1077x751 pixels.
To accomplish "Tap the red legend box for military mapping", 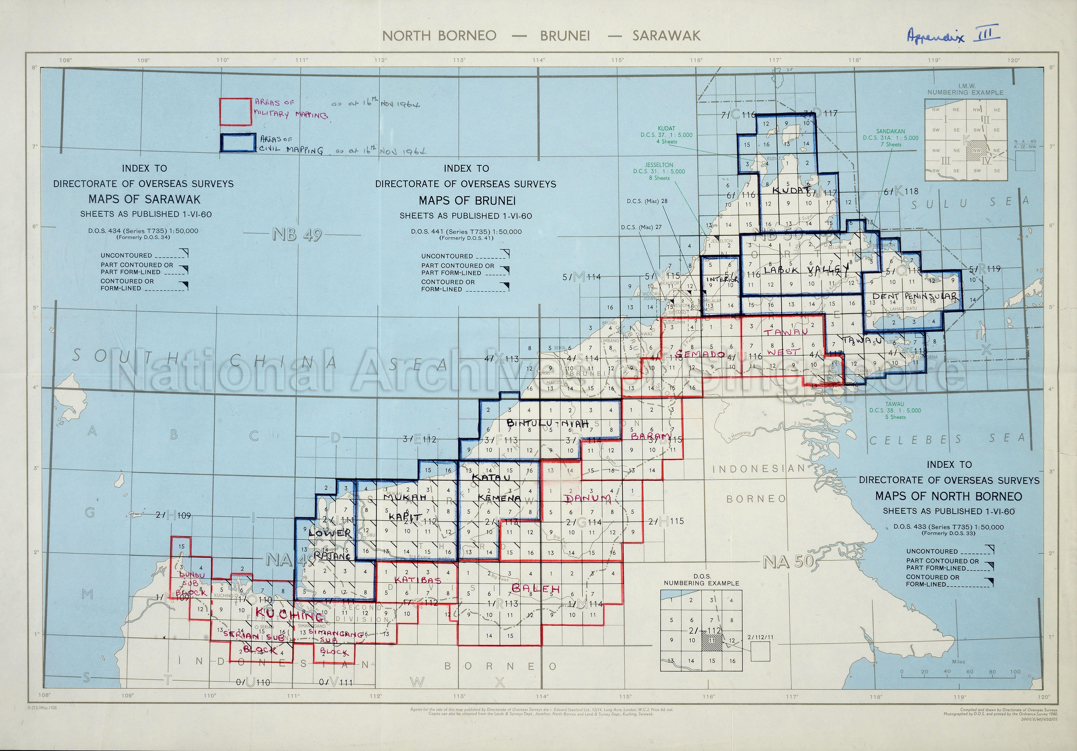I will click(236, 112).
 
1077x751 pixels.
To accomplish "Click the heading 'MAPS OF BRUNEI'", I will click(467, 201).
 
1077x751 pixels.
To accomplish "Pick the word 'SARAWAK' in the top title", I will click(666, 36).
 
